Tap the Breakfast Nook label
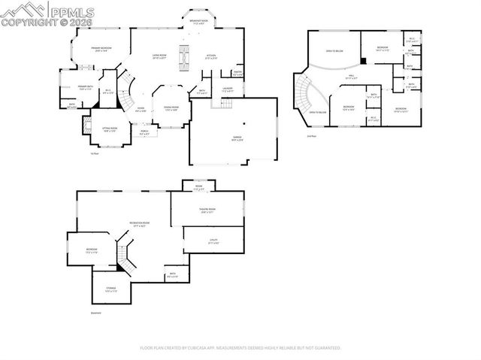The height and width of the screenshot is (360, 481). pos(199,22)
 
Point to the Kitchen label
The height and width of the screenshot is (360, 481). pos(211,56)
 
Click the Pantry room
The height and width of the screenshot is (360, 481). pos(237,74)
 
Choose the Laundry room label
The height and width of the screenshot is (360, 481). pos(227,89)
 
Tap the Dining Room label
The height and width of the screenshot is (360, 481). pos(171,108)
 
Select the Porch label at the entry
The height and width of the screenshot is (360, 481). pos(144,132)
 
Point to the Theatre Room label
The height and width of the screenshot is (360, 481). pos(207,210)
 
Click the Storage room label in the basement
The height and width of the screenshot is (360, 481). pos(111,289)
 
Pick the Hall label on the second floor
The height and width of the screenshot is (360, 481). pos(350,76)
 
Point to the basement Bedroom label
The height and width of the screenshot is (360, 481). pos(91,250)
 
